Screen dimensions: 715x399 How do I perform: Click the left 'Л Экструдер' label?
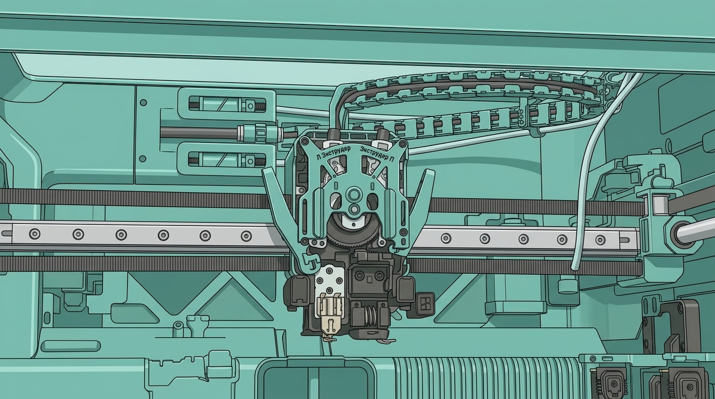pyautogui.click(x=333, y=152)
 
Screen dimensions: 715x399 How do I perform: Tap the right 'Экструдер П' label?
pyautogui.click(x=377, y=154)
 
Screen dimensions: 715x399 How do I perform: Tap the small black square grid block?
pyautogui.click(x=425, y=301)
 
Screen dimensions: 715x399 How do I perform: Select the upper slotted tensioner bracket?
pyautogui.click(x=227, y=104)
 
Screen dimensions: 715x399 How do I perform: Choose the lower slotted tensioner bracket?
pyautogui.click(x=227, y=159)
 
